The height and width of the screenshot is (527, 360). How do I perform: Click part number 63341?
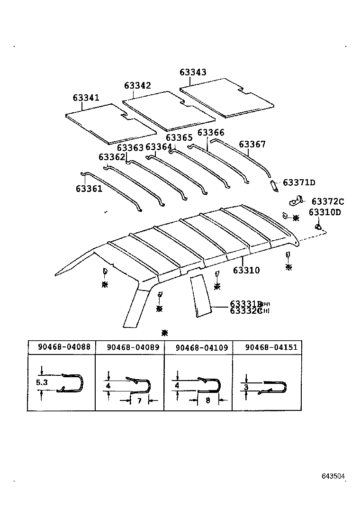click(x=86, y=98)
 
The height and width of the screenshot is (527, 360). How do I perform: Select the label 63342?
click(x=137, y=85)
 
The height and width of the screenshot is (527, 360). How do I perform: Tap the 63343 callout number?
click(x=193, y=73)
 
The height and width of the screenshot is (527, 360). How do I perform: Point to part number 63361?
click(x=89, y=189)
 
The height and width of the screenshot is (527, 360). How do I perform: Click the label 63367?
click(x=252, y=144)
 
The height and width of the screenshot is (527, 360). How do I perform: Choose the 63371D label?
click(x=299, y=182)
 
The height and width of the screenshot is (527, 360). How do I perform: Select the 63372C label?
click(x=327, y=201)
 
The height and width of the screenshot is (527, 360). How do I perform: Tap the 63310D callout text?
click(x=324, y=212)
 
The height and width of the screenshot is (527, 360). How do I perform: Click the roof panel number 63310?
click(x=246, y=270)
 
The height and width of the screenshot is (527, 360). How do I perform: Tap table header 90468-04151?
click(x=271, y=347)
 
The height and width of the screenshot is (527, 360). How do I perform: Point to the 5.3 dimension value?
click(x=42, y=382)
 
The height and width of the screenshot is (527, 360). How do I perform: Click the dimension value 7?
click(x=139, y=401)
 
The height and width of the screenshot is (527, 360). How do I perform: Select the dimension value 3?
click(x=246, y=387)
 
